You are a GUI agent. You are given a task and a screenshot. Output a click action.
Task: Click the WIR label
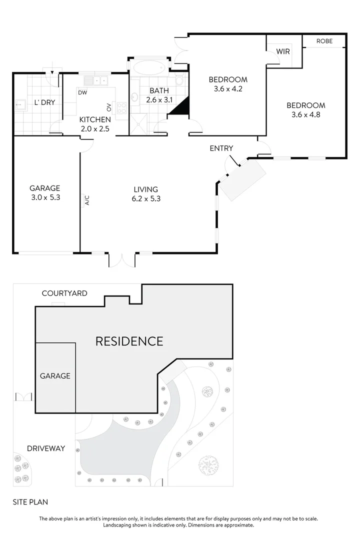pos(282,51)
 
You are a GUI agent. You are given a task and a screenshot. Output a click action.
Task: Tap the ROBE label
pos(324,41)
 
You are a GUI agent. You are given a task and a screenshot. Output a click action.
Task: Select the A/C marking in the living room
pos(86,200)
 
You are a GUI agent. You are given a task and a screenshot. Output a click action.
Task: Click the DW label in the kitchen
pos(82,92)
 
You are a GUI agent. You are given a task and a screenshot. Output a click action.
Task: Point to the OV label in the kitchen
pos(108,107)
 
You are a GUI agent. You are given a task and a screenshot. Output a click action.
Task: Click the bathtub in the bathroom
pos(148,67)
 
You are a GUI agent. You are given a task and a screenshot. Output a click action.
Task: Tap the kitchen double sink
pos(97,80)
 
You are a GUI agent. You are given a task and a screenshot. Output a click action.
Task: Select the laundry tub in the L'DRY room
pos(21,105)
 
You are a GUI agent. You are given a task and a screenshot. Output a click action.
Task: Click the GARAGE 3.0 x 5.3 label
pos(44,192)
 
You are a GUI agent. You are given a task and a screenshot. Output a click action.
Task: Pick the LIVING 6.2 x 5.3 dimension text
pos(145,198)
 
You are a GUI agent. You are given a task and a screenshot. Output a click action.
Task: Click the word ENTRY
pos(221,148)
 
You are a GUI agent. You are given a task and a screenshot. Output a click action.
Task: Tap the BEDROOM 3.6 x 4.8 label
pos(305,110)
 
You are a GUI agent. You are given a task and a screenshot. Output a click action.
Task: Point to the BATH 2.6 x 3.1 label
pos(159,95)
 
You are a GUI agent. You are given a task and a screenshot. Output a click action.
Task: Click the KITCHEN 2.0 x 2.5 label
pos(95,124)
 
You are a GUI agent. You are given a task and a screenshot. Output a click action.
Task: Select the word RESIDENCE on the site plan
pos(129,341)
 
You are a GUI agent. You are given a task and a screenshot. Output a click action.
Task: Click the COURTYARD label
pos(64,293)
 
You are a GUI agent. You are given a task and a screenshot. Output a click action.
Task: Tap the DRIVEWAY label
pos(46,448)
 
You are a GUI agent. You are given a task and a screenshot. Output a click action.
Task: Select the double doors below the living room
pos(122,259)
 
